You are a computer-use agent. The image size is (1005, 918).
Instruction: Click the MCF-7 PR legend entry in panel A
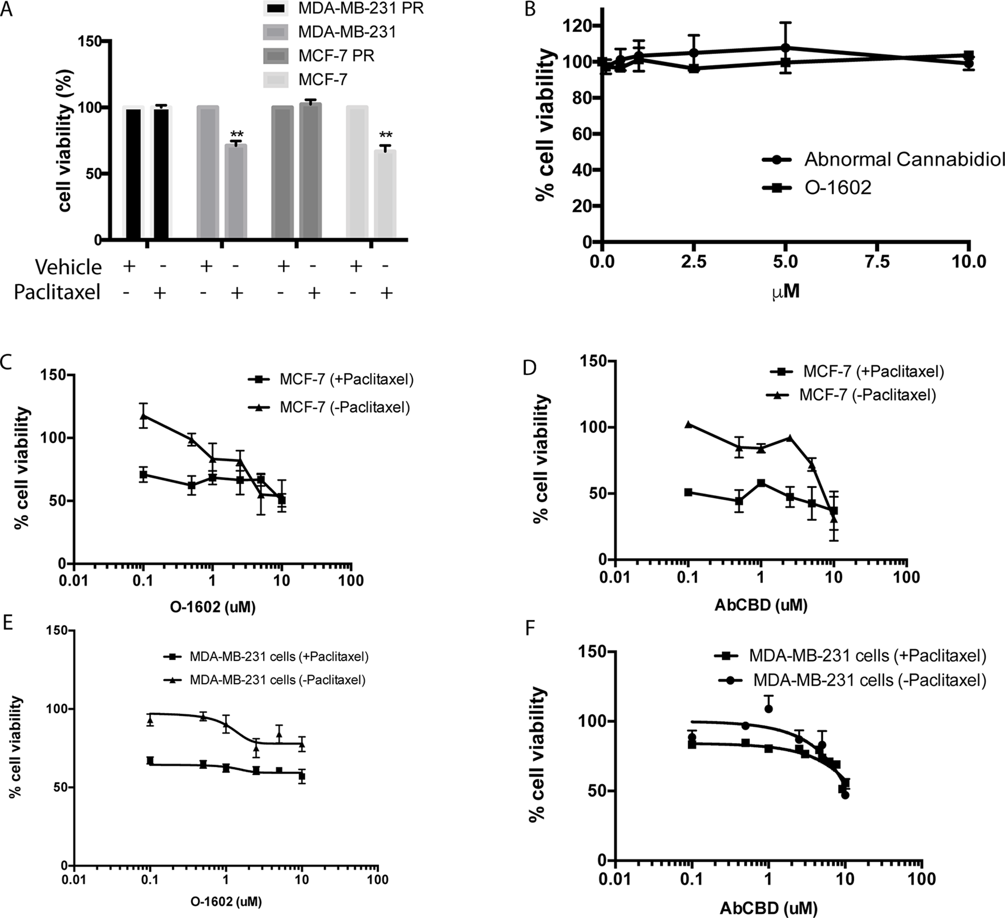(x=336, y=56)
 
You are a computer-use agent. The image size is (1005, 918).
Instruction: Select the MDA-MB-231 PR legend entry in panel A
(x=361, y=8)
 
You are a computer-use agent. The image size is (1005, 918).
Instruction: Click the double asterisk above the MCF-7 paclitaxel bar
(x=385, y=135)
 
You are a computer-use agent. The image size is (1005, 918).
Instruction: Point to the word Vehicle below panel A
(x=69, y=267)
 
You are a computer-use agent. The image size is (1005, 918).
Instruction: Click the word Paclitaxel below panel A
(x=57, y=292)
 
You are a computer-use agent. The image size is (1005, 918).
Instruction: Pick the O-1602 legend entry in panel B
(x=838, y=187)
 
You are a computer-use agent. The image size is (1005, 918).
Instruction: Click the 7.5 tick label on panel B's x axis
(x=876, y=263)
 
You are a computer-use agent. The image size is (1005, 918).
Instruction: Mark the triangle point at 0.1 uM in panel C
(x=143, y=416)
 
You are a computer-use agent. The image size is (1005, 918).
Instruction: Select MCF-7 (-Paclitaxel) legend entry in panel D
(x=867, y=395)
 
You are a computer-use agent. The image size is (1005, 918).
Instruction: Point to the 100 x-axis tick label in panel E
(x=377, y=879)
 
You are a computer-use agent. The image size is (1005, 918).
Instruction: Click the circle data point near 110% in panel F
(x=768, y=708)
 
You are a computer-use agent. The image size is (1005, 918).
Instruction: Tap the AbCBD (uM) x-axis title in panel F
(x=768, y=908)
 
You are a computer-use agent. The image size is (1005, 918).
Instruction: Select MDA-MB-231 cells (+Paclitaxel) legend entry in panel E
(x=279, y=657)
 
